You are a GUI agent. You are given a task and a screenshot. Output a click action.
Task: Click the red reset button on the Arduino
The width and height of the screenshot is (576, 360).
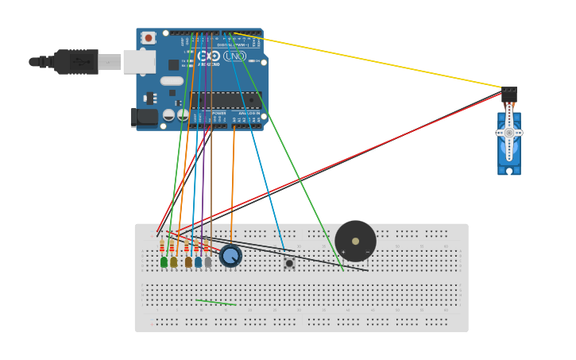[x=149, y=38]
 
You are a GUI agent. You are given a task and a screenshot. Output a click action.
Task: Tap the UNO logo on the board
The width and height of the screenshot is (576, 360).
[x=234, y=56]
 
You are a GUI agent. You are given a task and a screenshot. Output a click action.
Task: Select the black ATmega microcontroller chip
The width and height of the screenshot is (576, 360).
[x=225, y=100]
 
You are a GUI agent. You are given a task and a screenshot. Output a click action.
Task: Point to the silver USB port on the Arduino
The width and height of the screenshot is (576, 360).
[x=139, y=62]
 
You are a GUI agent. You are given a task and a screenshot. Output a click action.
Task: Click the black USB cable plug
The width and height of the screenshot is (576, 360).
[x=76, y=61]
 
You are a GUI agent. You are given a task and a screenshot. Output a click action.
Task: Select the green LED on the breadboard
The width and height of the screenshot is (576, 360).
[x=164, y=261]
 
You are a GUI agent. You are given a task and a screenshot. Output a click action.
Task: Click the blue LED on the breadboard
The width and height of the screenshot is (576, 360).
[x=198, y=261]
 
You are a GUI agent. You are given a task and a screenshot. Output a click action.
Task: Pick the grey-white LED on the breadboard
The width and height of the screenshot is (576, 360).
[x=208, y=261]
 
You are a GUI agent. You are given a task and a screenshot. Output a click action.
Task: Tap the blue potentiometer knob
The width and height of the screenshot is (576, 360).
[x=230, y=256]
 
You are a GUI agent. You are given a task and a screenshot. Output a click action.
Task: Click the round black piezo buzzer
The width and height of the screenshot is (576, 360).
[x=355, y=241]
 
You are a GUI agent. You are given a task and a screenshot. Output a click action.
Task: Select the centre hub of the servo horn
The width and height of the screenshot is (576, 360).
[x=509, y=133]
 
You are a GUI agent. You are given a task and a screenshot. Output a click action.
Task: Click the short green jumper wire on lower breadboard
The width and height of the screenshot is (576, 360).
[x=215, y=302]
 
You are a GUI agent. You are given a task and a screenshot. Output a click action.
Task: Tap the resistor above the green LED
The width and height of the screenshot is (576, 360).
[x=162, y=246]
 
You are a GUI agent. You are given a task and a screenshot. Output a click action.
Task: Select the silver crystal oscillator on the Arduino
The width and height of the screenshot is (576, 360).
[x=172, y=80]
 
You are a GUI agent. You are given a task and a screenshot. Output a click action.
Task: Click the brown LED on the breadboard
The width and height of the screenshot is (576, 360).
[x=188, y=261]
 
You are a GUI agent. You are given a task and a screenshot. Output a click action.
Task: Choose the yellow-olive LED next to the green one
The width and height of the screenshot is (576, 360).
[x=173, y=261]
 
